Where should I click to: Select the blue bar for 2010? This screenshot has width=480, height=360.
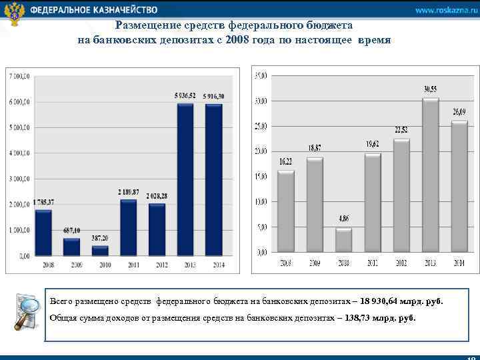pyautogui.click(x=100, y=251)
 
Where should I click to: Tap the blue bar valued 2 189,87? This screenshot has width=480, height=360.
pyautogui.click(x=128, y=227)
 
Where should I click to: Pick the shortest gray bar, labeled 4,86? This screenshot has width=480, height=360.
pyautogui.click(x=343, y=240)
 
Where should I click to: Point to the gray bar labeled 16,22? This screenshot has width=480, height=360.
pyautogui.click(x=285, y=211)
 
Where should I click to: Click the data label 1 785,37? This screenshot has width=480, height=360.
pyautogui.click(x=43, y=203)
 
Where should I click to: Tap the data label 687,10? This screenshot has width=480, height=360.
pyautogui.click(x=71, y=231)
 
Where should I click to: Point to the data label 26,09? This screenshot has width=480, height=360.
pyautogui.click(x=459, y=111)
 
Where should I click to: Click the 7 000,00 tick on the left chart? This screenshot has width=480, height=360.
pyautogui.click(x=19, y=77)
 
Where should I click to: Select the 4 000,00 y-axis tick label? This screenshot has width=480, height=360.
pyautogui.click(x=19, y=153)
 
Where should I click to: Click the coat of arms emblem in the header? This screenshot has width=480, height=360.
pyautogui.click(x=13, y=13)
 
